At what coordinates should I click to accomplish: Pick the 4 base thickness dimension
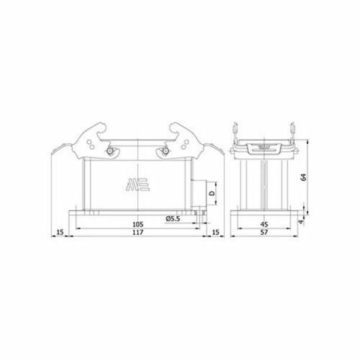click(x=302, y=221)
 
